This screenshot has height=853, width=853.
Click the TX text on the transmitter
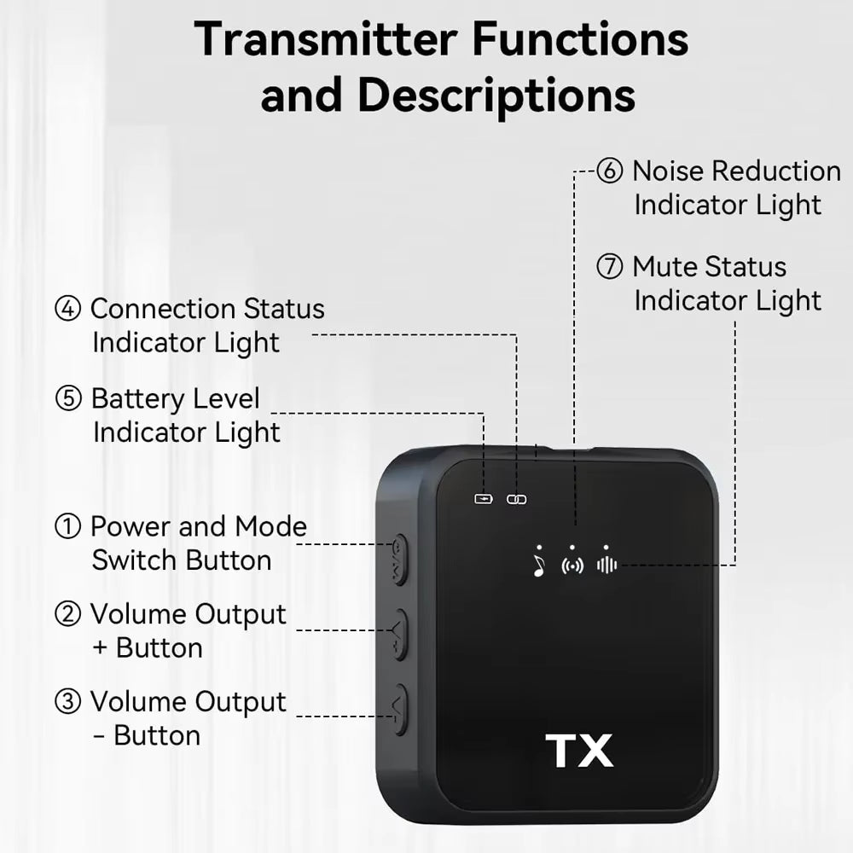(x=580, y=751)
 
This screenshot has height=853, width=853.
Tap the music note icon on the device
(x=538, y=566)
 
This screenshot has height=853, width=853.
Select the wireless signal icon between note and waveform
(x=572, y=566)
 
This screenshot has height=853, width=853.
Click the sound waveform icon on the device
(x=606, y=565)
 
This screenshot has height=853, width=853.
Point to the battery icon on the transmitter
(x=484, y=498)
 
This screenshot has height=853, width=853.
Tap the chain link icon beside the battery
(x=517, y=498)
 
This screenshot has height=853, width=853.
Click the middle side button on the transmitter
(x=399, y=635)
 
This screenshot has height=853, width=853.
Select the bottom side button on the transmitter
(x=399, y=710)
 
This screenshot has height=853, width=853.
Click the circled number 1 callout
(x=67, y=527)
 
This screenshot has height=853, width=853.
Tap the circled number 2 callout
(x=67, y=614)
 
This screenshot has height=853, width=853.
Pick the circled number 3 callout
(x=67, y=702)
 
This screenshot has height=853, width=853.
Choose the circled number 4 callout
(x=67, y=309)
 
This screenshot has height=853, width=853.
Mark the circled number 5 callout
(x=67, y=399)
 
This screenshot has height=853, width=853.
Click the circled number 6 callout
(x=609, y=171)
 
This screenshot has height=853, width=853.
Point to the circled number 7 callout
(x=609, y=267)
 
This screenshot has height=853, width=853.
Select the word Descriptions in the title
(x=496, y=96)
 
